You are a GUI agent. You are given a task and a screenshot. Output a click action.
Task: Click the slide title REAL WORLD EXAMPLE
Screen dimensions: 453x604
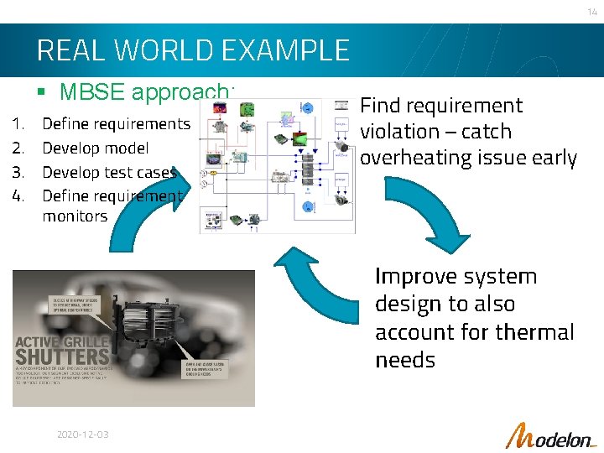tap(193, 50)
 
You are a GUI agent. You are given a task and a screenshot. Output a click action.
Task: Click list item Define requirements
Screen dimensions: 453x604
tap(116, 123)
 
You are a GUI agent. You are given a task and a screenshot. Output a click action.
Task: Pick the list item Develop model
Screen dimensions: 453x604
tap(95, 148)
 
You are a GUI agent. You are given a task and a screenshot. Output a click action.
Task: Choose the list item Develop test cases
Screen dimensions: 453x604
tap(109, 173)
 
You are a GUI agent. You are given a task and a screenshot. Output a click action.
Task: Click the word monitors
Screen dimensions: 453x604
tap(75, 216)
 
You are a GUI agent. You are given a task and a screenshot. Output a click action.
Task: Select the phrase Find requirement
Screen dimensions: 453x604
tap(440, 106)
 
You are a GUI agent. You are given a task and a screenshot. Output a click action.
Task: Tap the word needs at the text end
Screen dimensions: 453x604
tap(405, 360)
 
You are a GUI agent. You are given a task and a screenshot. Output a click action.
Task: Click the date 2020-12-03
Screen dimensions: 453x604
tap(82, 435)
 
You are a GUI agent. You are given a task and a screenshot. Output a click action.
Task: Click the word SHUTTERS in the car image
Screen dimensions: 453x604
tap(62, 357)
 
